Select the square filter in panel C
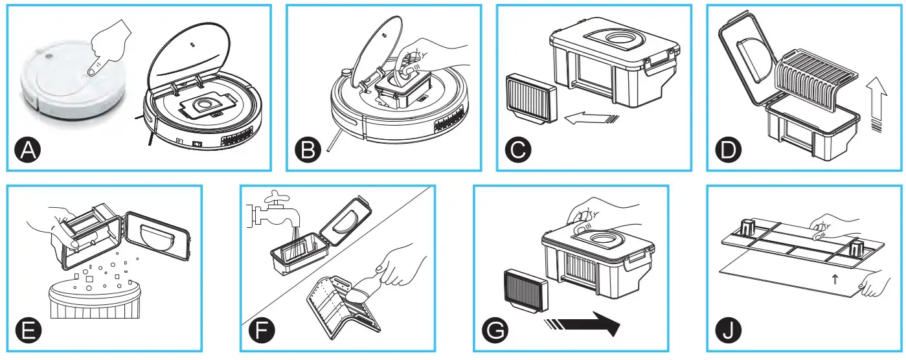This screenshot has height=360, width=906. (530, 96)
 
